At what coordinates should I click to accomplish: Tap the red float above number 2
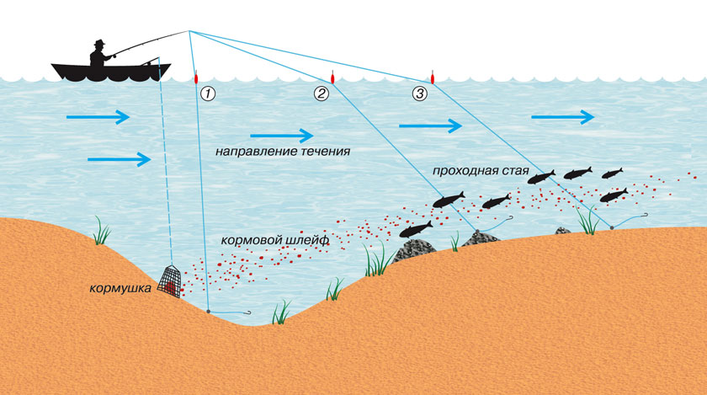point(333,77)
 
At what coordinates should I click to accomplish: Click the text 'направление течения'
point(282,152)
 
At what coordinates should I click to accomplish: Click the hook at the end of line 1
point(247,312)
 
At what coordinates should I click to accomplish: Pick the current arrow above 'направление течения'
point(282,133)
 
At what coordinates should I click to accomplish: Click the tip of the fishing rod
point(189,32)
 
